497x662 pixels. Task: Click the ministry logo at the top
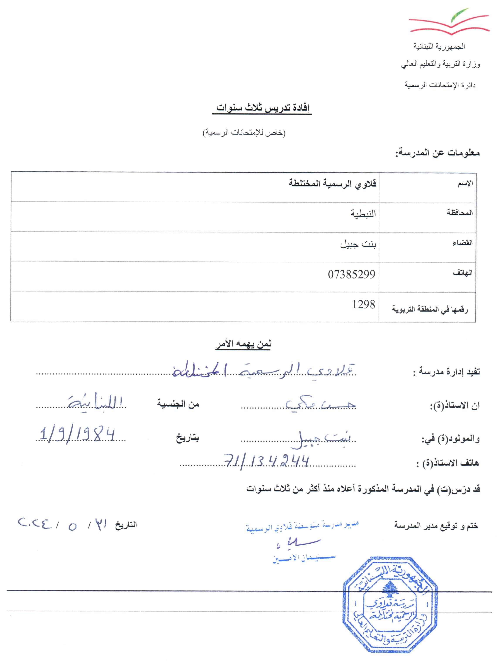pyautogui.click(x=449, y=22)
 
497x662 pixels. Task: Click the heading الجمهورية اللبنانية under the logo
pyautogui.click(x=439, y=46)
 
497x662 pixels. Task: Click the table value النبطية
pyautogui.click(x=363, y=214)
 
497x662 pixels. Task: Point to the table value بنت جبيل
pyautogui.click(x=358, y=244)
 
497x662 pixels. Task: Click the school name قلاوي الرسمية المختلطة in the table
pyautogui.click(x=332, y=183)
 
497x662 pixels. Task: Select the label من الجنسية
pyautogui.click(x=178, y=404)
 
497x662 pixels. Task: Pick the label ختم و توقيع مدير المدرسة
pyautogui.click(x=436, y=526)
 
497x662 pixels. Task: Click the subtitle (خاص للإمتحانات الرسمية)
pyautogui.click(x=244, y=133)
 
